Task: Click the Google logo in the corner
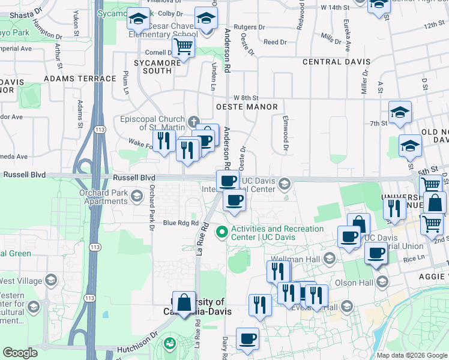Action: (x=20, y=353)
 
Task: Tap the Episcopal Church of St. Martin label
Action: (x=152, y=122)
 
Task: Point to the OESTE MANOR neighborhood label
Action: (x=246, y=107)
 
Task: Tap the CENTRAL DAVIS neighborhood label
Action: (x=336, y=62)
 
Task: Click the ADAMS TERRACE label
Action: (x=80, y=79)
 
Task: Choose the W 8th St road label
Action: (x=246, y=97)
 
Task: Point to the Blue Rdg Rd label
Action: (x=181, y=223)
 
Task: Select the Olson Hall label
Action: (x=358, y=283)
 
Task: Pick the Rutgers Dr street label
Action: (x=249, y=27)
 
